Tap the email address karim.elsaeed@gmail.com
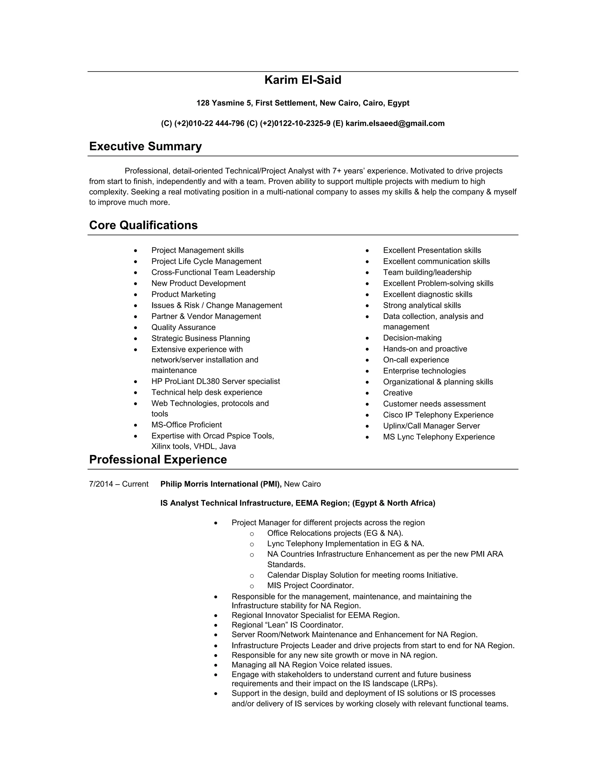(395, 123)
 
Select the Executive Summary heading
(145, 146)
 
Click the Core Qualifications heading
(143, 225)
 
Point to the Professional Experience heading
(158, 460)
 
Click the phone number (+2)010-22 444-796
(209, 123)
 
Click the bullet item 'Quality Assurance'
(183, 328)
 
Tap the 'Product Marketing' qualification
(183, 294)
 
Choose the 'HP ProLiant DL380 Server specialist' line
(215, 381)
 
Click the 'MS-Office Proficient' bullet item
(186, 425)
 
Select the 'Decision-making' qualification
(412, 338)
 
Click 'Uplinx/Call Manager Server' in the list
(431, 426)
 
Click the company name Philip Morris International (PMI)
(221, 484)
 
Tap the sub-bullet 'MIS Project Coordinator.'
(310, 585)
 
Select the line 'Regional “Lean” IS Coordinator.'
(287, 625)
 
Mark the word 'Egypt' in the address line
(398, 103)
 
